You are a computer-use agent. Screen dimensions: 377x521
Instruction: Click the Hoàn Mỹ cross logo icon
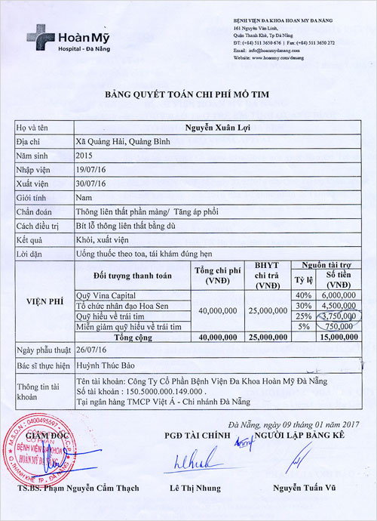pyautogui.click(x=37, y=35)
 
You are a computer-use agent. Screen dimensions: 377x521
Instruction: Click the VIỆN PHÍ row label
pyautogui.click(x=41, y=298)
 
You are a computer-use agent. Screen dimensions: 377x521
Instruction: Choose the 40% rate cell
pyautogui.click(x=304, y=294)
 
